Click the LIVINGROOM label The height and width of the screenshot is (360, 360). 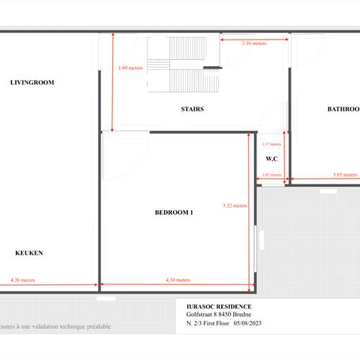(32, 83)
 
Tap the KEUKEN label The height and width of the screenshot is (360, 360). (30, 253)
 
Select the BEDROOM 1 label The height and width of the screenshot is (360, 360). (174, 212)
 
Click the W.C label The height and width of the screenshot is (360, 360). (272, 159)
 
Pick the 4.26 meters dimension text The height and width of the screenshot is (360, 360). (22, 280)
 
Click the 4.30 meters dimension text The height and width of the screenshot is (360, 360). (177, 280)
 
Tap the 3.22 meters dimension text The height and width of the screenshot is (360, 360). (235, 205)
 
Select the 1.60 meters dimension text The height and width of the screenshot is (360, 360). (130, 68)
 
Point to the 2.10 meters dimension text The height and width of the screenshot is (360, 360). (253, 43)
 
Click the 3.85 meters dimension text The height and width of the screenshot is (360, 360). (345, 174)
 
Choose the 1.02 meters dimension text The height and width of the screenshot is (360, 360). (271, 174)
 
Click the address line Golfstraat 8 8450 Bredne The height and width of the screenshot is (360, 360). (220, 315)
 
